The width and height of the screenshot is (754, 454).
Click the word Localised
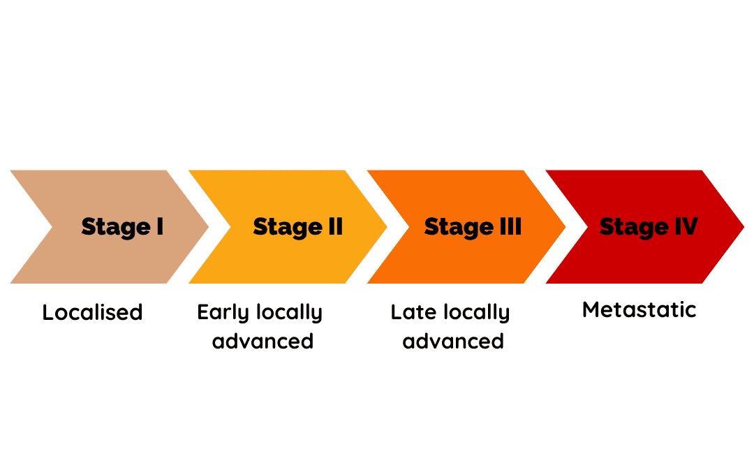coord(92,312)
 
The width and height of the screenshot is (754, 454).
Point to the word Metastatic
coord(639,309)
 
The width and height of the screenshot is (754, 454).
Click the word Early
coord(223,313)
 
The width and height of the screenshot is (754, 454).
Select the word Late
coord(413,312)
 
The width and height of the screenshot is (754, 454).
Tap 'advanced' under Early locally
coord(263,341)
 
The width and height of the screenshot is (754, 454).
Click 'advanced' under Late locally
coord(453,341)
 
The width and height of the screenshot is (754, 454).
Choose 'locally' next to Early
coord(290,313)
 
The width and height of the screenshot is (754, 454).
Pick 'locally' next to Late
coord(477,313)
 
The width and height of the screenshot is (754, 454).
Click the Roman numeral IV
coord(686,226)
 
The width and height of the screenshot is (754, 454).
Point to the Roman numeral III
coord(510,226)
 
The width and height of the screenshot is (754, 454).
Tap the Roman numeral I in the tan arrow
coord(160,226)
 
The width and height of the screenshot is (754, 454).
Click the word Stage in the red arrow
coord(634,228)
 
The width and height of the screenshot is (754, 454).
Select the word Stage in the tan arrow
coord(116,228)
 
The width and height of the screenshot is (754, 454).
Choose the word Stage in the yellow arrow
coord(288,228)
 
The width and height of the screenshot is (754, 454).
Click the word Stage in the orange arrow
coord(459,228)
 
